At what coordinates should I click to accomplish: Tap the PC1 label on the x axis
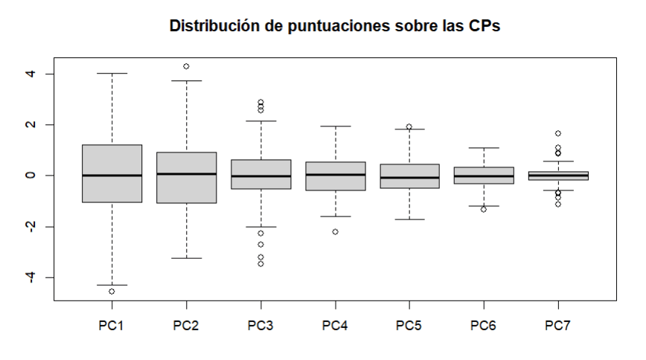[x=112, y=327]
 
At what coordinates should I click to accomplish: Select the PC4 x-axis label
[x=335, y=327]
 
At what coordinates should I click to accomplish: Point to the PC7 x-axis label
[x=558, y=327]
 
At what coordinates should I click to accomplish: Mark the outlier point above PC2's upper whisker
[x=186, y=66]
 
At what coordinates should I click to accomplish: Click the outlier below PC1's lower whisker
[x=112, y=291]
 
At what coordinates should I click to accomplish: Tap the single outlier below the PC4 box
[x=335, y=231]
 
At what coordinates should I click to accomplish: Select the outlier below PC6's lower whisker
[x=484, y=209]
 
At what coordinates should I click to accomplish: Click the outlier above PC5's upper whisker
[x=409, y=126]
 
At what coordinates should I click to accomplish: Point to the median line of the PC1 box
[x=112, y=176]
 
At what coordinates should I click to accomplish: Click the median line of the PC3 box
[x=260, y=176]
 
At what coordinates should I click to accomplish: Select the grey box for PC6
[x=484, y=176]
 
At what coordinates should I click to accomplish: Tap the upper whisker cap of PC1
[x=112, y=74]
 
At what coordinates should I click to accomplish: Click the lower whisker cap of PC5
[x=409, y=219]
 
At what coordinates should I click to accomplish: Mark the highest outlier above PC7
[x=558, y=133]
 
